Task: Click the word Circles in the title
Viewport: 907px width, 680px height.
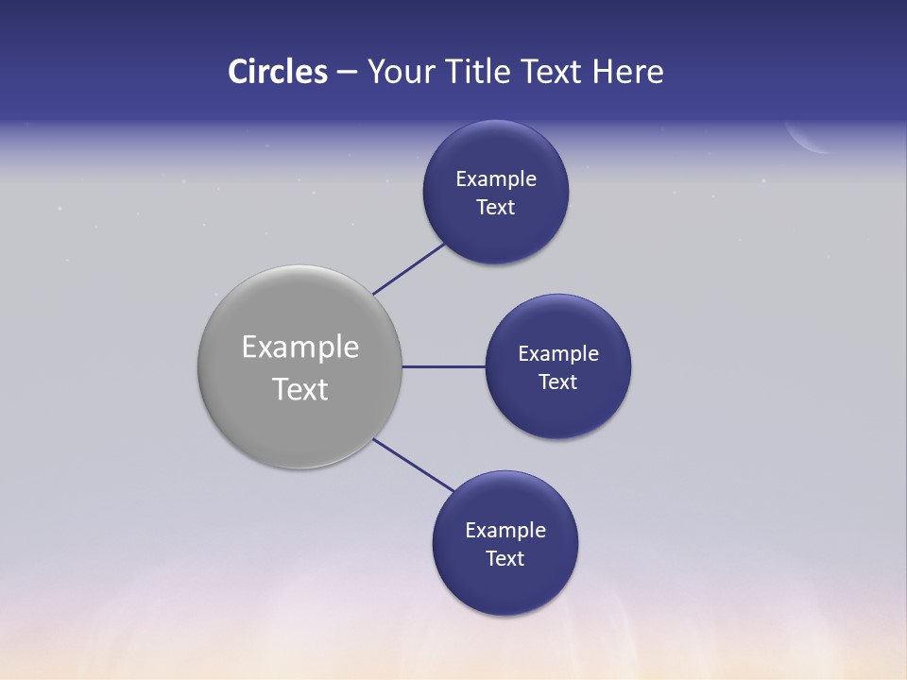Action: click(x=277, y=72)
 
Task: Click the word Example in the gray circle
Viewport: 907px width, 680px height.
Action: click(x=300, y=348)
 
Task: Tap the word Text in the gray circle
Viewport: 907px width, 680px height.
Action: click(x=300, y=389)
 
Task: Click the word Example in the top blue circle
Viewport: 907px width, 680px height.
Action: click(x=496, y=178)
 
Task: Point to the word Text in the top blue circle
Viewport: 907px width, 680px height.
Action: click(x=496, y=208)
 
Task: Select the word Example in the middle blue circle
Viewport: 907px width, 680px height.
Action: click(x=558, y=353)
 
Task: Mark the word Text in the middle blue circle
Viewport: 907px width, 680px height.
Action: click(x=558, y=382)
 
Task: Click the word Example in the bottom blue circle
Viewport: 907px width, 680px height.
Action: click(x=505, y=530)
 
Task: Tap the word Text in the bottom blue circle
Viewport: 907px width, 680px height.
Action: click(x=505, y=558)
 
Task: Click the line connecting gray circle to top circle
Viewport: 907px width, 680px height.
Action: click(x=409, y=268)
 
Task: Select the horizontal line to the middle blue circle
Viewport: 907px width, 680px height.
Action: click(x=444, y=366)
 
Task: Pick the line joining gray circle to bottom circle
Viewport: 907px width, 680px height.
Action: click(x=414, y=465)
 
